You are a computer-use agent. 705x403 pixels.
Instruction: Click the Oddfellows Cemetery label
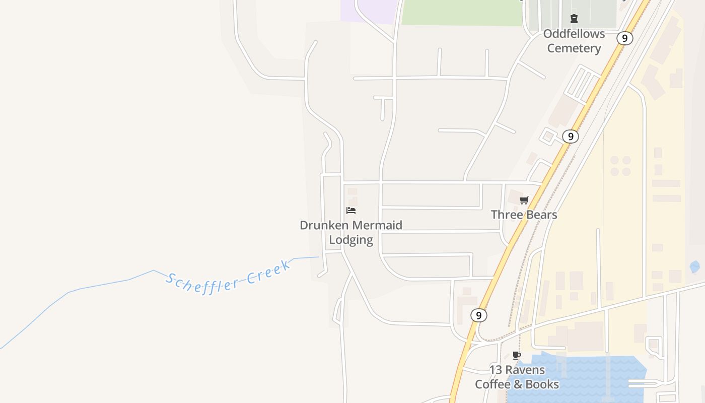pyautogui.click(x=574, y=41)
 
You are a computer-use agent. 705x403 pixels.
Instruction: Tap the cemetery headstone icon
pyautogui.click(x=574, y=19)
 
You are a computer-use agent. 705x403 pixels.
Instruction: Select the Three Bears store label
pyautogui.click(x=524, y=215)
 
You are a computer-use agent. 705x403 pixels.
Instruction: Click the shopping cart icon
pyautogui.click(x=524, y=200)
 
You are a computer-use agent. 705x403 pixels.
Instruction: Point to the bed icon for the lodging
pyautogui.click(x=351, y=210)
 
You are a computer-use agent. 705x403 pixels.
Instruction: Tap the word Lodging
pyautogui.click(x=351, y=240)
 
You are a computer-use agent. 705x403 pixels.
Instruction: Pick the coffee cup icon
pyautogui.click(x=516, y=355)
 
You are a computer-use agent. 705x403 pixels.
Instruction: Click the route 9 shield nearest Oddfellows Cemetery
pyautogui.click(x=624, y=38)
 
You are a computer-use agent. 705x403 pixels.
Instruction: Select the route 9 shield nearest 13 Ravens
pyautogui.click(x=479, y=315)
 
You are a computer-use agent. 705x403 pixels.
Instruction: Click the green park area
pyautogui.click(x=462, y=13)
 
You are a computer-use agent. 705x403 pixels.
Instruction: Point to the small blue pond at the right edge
pyautogui.click(x=695, y=266)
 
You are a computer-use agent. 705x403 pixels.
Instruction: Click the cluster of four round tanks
pyautogui.click(x=620, y=166)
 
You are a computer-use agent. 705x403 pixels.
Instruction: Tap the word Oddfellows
pyautogui.click(x=574, y=34)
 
